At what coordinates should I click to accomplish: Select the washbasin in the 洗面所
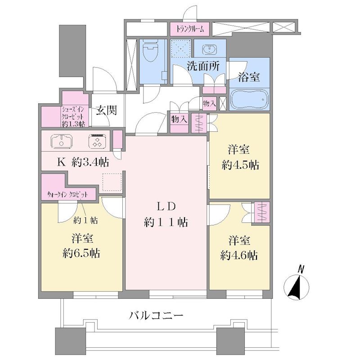pyautogui.click(x=209, y=49)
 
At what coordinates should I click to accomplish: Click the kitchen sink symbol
pyautogui.click(x=62, y=140)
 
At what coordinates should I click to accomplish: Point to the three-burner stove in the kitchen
pyautogui.click(x=97, y=140)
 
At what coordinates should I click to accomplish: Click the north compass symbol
pyautogui.click(x=297, y=288)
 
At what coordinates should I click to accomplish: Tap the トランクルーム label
pyautogui.click(x=190, y=29)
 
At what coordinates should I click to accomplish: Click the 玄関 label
pyautogui.click(x=106, y=110)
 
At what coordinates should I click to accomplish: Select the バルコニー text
pyautogui.click(x=156, y=315)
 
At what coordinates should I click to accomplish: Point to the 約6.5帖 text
pyautogui.click(x=81, y=254)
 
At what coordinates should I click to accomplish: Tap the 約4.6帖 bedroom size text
pyautogui.click(x=239, y=255)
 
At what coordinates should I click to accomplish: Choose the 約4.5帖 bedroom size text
pyautogui.click(x=240, y=165)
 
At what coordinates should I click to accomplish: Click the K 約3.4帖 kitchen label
pyautogui.click(x=83, y=162)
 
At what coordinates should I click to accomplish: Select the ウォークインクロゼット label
pyautogui.click(x=67, y=195)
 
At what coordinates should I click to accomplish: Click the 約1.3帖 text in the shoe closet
pyautogui.click(x=73, y=124)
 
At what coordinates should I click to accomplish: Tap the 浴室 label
pyautogui.click(x=249, y=77)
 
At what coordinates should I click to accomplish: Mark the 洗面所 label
pyautogui.click(x=203, y=66)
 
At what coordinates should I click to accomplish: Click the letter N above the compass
pyautogui.click(x=301, y=269)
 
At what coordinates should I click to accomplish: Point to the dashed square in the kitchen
pyautogui.click(x=112, y=182)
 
